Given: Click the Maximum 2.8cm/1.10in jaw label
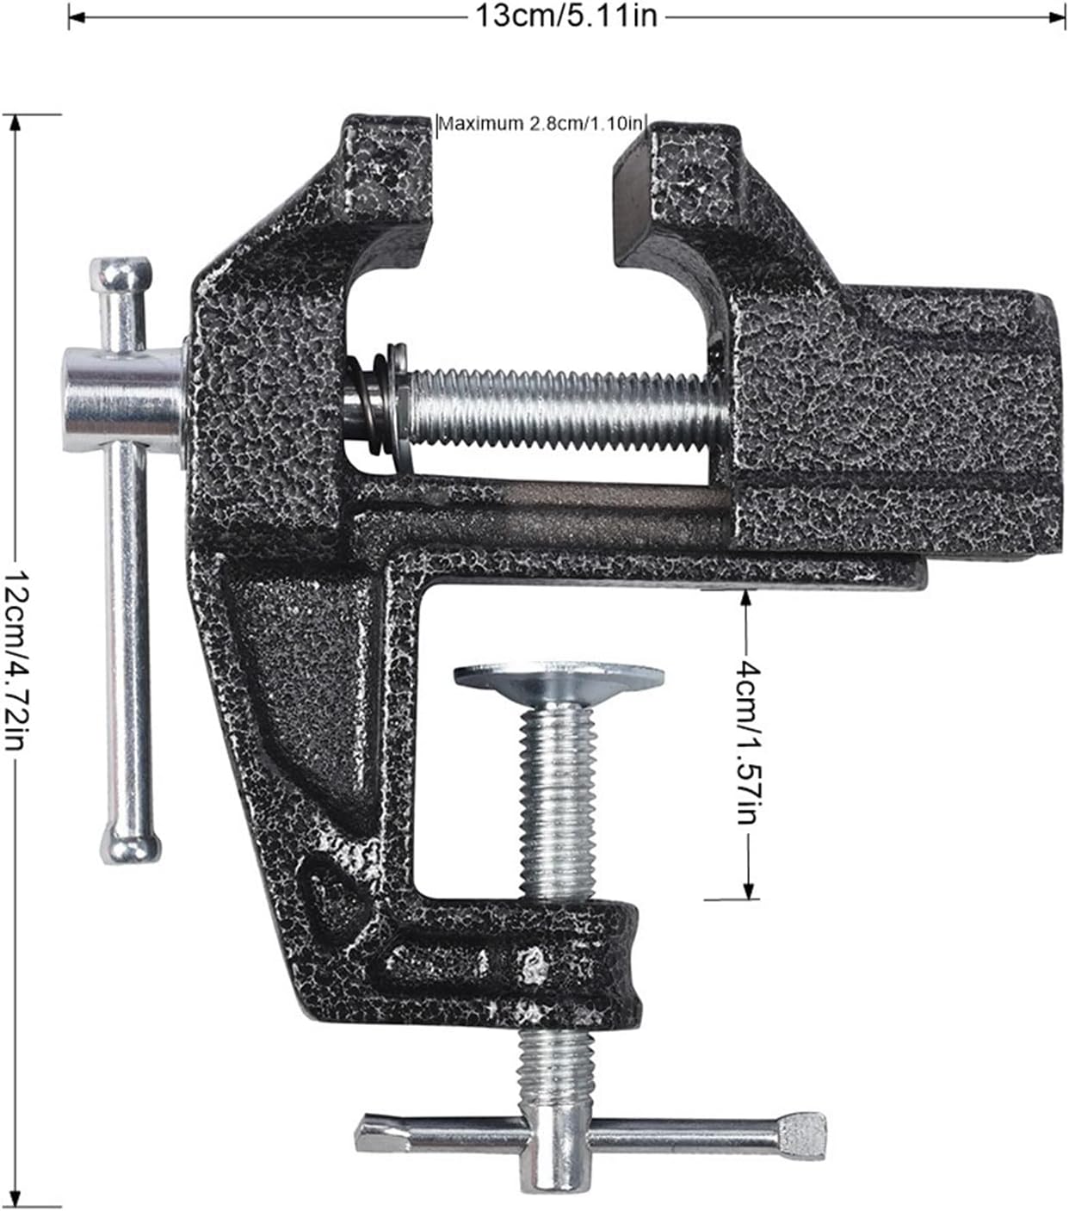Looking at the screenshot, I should (x=541, y=124).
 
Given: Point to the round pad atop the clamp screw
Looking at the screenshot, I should (x=559, y=677).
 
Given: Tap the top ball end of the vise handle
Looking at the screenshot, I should (x=122, y=275).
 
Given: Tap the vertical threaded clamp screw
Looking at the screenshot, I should (x=558, y=800).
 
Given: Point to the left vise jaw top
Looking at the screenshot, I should (x=387, y=164).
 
